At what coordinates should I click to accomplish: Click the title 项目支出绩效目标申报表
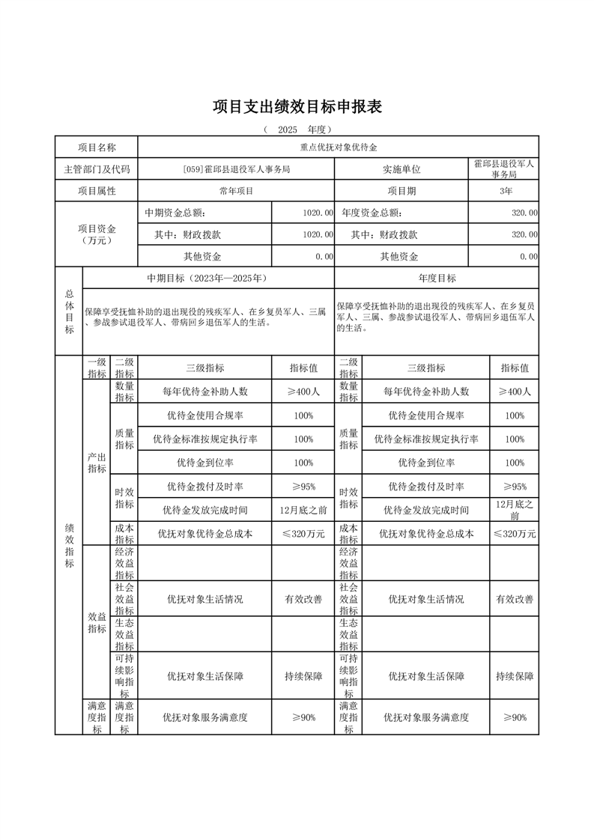pos(297,107)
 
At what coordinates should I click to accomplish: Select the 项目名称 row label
pos(97,147)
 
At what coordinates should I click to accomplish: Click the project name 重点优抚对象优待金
pos(339,147)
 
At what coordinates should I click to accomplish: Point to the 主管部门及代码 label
pos(97,169)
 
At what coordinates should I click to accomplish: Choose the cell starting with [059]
pos(236,169)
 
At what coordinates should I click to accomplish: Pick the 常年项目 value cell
pos(236,191)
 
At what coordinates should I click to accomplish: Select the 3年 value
pos(503,191)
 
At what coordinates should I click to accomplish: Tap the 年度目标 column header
pos(437,278)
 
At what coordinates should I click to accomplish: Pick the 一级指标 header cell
pos(97,368)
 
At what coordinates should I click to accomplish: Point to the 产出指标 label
pos(97,463)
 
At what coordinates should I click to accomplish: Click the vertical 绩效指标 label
pos(69,545)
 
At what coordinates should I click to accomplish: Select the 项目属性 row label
pos(97,191)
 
